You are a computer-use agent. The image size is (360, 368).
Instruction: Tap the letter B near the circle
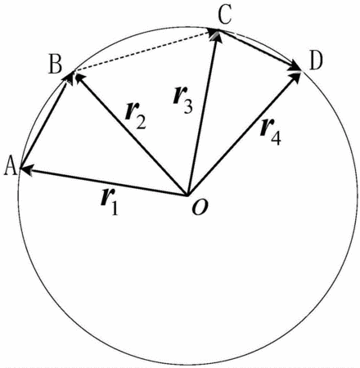click(56, 65)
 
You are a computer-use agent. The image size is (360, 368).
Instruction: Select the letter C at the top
click(225, 16)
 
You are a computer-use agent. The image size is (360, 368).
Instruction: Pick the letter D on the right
click(316, 61)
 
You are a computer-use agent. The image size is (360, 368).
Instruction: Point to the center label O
click(200, 208)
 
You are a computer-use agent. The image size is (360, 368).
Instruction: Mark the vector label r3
click(183, 101)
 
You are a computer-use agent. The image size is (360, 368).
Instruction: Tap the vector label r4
click(270, 132)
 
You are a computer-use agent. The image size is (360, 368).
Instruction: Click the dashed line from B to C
click(142, 52)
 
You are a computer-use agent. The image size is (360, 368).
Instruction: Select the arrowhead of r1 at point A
click(27, 170)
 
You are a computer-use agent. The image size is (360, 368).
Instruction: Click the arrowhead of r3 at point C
click(216, 35)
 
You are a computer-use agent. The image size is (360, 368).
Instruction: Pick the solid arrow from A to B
click(45, 120)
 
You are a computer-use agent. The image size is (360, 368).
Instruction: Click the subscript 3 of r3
click(188, 106)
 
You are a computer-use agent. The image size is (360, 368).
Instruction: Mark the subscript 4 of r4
click(276, 138)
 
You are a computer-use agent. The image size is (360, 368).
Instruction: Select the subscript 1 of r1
click(115, 208)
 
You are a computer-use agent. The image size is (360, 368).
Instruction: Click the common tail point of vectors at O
click(187, 195)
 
